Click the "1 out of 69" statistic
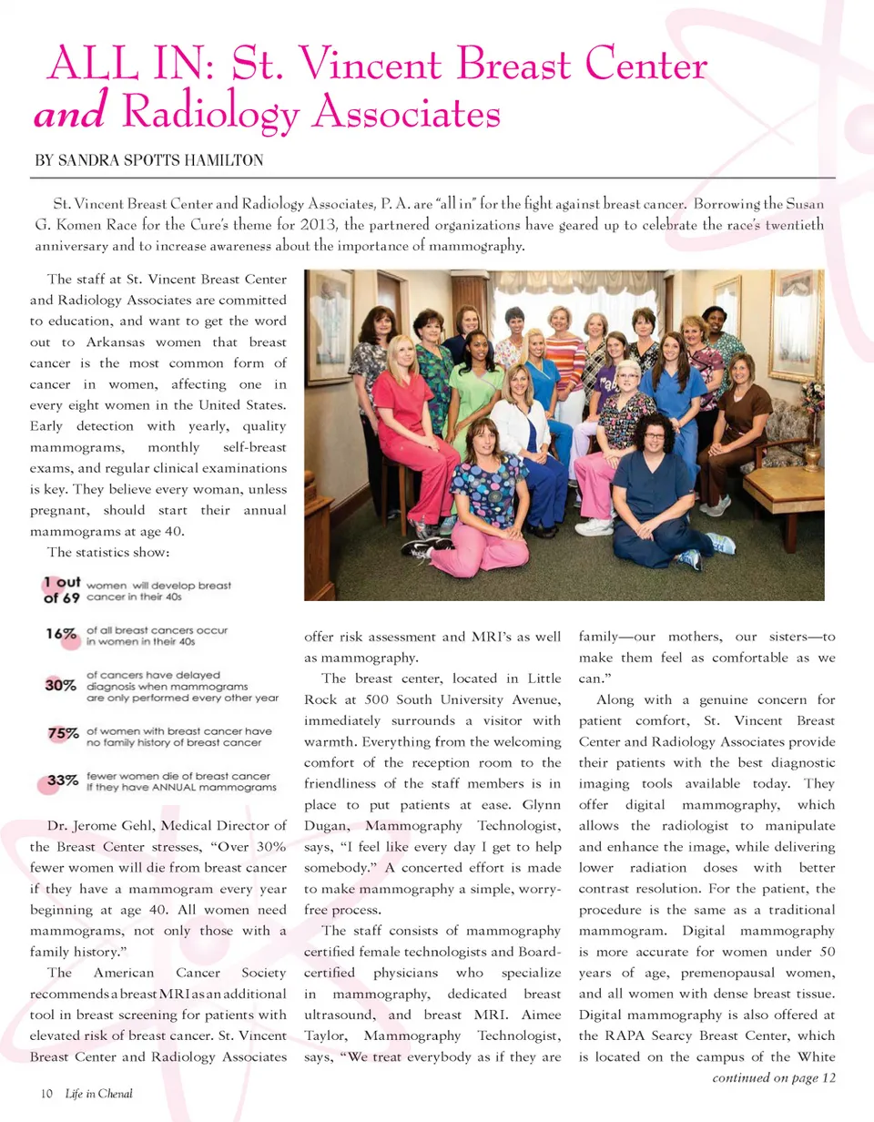click(62, 591)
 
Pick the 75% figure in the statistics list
click(62, 732)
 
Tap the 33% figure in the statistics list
click(62, 781)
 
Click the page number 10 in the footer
click(45, 1094)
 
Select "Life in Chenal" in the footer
click(98, 1094)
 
